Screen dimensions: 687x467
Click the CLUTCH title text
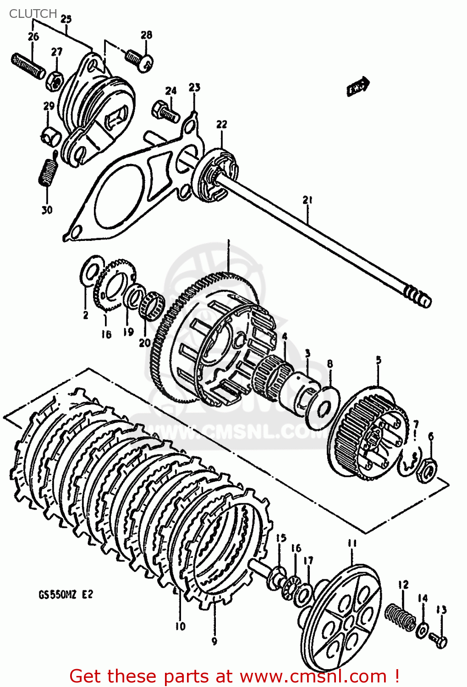tap(33, 14)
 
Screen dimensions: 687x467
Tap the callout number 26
tap(33, 37)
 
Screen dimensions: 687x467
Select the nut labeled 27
tap(55, 81)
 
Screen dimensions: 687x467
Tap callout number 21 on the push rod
tap(307, 200)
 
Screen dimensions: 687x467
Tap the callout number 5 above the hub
tap(379, 360)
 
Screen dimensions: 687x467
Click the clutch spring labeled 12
tap(400, 616)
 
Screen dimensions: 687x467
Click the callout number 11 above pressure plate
tap(352, 544)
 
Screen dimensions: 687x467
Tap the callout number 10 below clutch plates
tap(180, 626)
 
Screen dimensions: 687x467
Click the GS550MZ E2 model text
tap(66, 594)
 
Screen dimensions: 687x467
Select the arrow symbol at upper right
tap(358, 86)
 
